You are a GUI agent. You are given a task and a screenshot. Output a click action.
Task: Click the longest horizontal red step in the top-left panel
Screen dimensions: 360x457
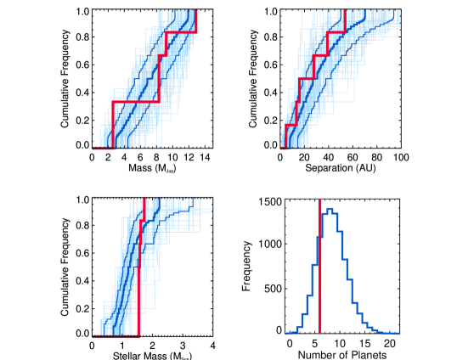point(136,102)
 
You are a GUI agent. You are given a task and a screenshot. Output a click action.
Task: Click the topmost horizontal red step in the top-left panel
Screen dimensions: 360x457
point(181,33)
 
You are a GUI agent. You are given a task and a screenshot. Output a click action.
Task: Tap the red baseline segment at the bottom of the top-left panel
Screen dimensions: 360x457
point(103,149)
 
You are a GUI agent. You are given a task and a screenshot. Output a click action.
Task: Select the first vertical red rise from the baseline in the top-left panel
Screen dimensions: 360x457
point(113,125)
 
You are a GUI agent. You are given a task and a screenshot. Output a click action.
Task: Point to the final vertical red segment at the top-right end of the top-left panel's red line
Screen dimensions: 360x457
point(196,22)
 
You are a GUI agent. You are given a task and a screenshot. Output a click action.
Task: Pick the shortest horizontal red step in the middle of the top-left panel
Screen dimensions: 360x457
point(162,56)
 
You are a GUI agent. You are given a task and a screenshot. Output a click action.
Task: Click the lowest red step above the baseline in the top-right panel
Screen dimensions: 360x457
point(291,126)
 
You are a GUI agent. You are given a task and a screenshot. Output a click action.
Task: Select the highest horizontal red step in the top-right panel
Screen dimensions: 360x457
point(336,33)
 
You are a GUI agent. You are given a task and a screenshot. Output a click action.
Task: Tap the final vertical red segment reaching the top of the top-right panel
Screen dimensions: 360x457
point(345,21)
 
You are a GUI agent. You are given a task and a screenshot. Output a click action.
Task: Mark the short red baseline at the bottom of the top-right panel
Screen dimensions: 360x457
point(285,149)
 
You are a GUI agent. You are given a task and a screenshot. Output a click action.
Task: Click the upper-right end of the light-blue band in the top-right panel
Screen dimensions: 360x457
point(396,17)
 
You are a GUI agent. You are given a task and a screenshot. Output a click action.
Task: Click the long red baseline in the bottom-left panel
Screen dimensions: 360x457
point(116,337)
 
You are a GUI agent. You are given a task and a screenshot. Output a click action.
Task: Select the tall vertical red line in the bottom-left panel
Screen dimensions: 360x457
point(139,280)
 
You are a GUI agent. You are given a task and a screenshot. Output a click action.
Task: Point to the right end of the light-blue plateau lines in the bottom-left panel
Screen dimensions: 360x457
point(211,211)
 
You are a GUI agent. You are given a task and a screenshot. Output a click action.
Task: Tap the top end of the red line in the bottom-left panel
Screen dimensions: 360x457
point(144,201)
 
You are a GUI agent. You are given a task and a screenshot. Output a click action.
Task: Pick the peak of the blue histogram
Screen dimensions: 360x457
point(330,209)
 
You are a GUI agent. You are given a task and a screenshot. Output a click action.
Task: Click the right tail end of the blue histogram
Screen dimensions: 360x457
point(398,334)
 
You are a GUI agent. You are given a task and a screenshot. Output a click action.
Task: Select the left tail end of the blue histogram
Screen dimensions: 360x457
point(286,334)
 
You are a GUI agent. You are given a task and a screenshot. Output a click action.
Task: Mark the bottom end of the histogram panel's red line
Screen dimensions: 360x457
point(320,332)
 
